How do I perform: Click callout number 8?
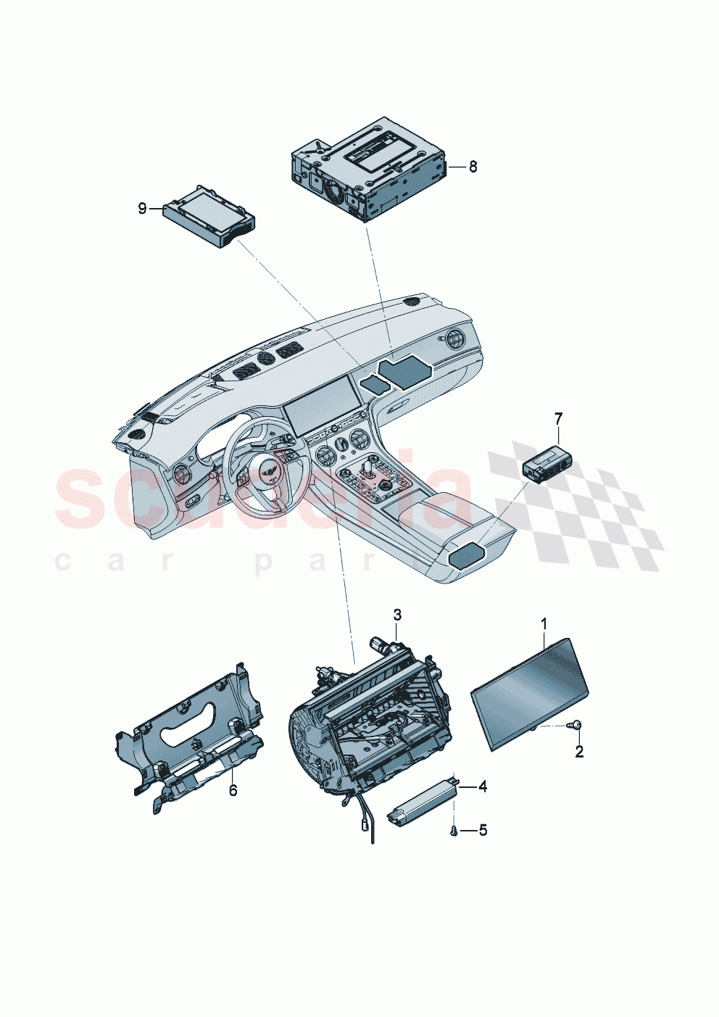473,167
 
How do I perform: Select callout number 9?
142,209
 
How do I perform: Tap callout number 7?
558,418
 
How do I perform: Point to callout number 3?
397,615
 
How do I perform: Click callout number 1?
544,623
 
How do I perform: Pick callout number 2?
579,752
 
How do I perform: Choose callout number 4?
482,786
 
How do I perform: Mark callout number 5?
483,830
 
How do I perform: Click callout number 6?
233,790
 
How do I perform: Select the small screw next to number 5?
454,831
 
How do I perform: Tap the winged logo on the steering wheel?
259,471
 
